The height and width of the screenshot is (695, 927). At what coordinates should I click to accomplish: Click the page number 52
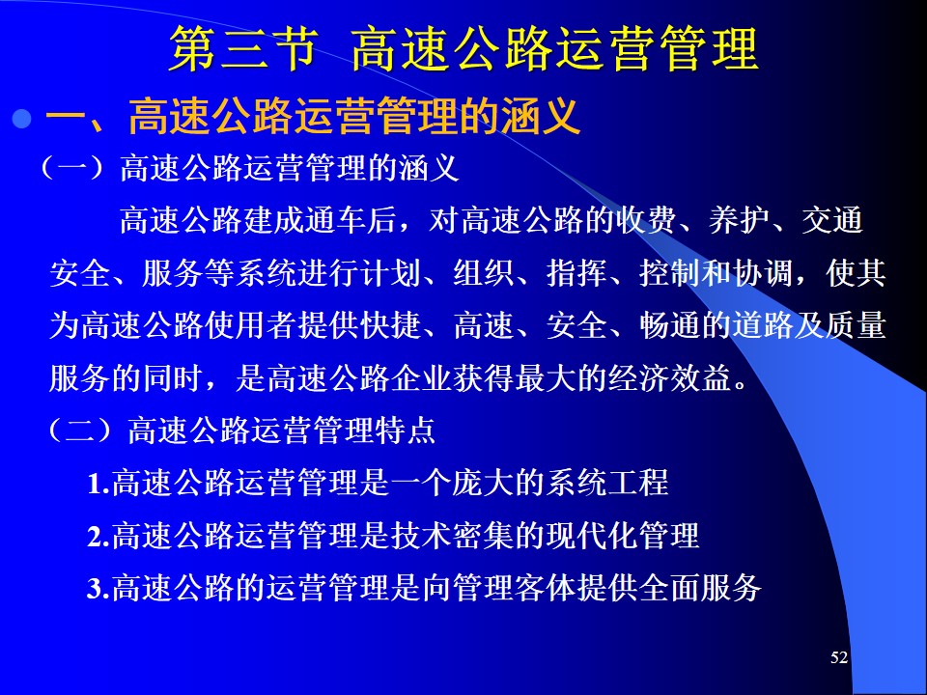pos(839,657)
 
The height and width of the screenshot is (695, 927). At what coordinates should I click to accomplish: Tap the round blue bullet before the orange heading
pos(22,119)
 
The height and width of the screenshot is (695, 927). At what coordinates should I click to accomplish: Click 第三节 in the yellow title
pos(244,49)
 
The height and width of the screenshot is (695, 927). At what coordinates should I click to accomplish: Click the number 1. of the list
pos(98,483)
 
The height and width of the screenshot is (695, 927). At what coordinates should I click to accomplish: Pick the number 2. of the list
pos(98,536)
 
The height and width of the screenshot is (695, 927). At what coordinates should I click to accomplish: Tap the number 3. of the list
pos(98,589)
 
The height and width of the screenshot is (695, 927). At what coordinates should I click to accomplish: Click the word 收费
pos(646,221)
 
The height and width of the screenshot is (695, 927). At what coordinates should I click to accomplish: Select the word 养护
pos(739,221)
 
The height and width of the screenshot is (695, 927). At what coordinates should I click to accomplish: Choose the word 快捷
pos(391,325)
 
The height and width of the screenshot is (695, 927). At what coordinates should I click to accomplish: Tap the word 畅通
pos(670,325)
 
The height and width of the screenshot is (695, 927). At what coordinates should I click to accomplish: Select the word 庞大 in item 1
pos(483,483)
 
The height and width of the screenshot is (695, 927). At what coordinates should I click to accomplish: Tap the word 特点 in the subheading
pos(406,430)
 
